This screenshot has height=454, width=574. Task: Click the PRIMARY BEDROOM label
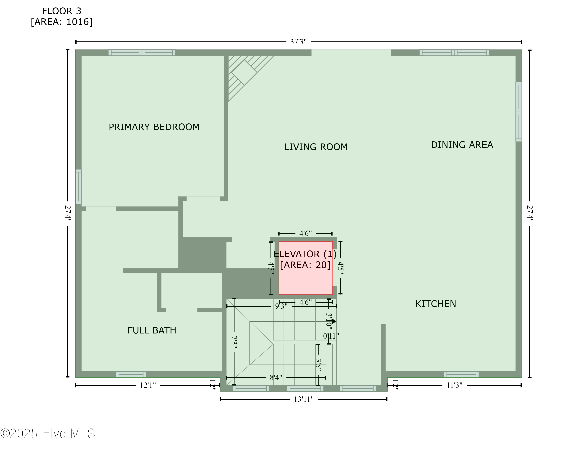154,127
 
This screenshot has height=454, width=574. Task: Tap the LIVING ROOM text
316,147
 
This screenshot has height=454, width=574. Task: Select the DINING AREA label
462,145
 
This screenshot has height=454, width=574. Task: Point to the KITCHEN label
435,304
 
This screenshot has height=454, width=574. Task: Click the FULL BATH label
152,330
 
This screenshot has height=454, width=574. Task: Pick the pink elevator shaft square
306,268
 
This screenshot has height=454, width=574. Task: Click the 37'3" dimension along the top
298,42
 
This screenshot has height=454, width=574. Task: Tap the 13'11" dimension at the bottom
304,399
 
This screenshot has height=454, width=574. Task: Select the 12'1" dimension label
148,385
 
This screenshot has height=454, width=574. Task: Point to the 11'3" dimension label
454,385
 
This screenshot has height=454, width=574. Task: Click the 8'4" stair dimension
276,377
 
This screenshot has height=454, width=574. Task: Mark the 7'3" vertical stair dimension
234,342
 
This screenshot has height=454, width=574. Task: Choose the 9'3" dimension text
281,306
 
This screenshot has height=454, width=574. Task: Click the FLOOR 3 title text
62,11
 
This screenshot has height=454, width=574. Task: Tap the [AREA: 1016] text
62,22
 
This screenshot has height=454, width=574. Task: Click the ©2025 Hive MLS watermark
48,434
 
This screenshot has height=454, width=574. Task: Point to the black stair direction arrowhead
334,321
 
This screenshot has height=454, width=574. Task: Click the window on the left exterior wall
78,187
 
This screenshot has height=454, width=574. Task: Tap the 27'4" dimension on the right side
530,214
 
